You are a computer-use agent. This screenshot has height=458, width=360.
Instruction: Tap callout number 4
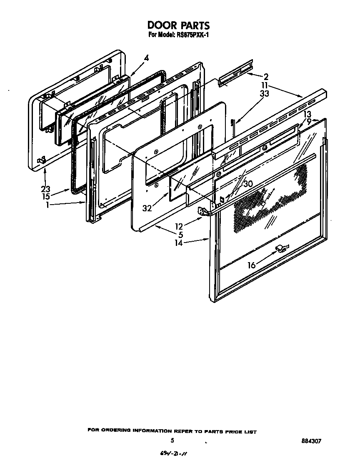point(146,58)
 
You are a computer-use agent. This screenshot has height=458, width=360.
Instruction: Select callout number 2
point(266,77)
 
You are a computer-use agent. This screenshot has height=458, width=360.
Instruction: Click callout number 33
point(264,94)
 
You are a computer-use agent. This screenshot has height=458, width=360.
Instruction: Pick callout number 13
point(307,114)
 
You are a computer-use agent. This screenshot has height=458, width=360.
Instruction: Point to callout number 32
point(147,208)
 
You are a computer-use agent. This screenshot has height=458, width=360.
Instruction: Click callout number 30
point(248,184)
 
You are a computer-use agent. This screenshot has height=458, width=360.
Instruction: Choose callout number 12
point(179,226)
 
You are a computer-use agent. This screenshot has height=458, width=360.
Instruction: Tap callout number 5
point(181,235)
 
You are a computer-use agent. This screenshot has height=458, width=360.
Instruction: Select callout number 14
point(178,243)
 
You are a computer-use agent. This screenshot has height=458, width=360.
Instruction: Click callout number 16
point(251,265)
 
